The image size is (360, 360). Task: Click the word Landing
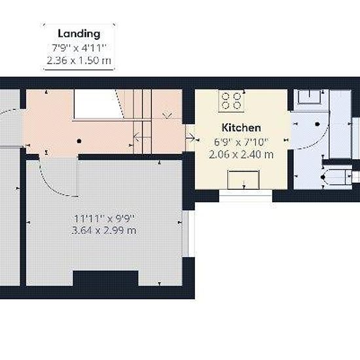click(79, 34)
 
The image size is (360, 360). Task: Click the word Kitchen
click(242, 128)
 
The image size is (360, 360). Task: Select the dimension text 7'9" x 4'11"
click(79, 48)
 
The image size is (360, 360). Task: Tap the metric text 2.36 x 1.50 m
click(79, 61)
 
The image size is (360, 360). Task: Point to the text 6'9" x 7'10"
click(241, 142)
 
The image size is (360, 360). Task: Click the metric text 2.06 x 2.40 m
click(241, 154)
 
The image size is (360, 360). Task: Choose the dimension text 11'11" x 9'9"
click(104, 219)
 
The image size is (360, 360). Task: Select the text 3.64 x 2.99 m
click(104, 230)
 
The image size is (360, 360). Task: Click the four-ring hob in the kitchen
click(231, 101)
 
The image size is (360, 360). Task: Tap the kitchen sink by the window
click(243, 180)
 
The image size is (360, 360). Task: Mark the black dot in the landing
click(79, 141)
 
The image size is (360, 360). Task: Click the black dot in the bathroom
click(317, 124)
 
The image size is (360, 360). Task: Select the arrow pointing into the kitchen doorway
click(190, 138)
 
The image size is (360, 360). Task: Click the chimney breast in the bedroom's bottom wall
click(105, 278)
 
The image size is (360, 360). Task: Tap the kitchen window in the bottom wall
click(245, 196)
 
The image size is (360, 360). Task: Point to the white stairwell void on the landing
click(97, 104)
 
